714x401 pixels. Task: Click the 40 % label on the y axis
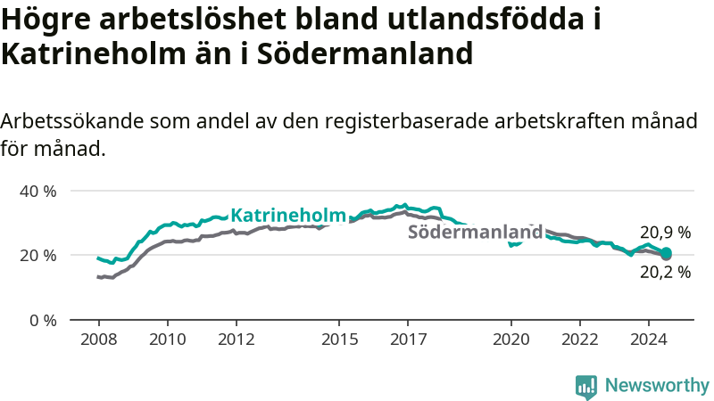[x=37, y=192]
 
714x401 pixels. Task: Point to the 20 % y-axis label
[x=37, y=256]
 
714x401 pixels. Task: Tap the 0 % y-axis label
[x=43, y=321]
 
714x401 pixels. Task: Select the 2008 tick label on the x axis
[x=99, y=340]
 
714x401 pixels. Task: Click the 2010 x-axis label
[x=168, y=340]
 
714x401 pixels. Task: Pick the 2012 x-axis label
[x=237, y=340]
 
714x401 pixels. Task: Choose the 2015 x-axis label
[x=340, y=340]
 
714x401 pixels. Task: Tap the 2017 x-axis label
[x=409, y=340]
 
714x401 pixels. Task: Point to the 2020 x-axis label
[x=511, y=340]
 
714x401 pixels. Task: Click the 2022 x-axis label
[x=580, y=340]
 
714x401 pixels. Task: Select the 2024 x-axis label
[x=649, y=340]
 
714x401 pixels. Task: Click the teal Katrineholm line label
[x=288, y=215]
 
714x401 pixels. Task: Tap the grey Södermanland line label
[x=476, y=232]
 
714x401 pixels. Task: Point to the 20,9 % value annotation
[x=665, y=233]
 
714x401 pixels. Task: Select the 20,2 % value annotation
[x=665, y=272]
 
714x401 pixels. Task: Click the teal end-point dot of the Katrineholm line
[x=666, y=253]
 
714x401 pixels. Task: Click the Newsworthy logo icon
[x=586, y=388]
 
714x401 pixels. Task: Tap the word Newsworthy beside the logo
[x=657, y=385]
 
